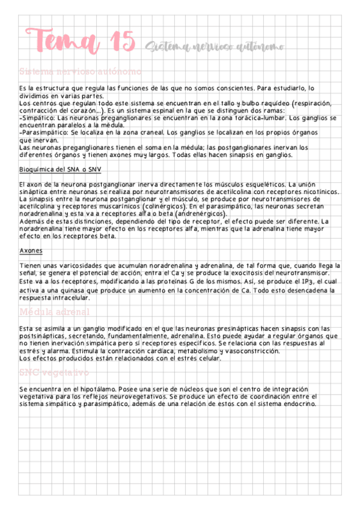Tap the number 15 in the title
(x=123, y=41)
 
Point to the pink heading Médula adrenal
(x=55, y=313)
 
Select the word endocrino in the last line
(x=298, y=404)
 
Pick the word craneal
(x=147, y=131)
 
